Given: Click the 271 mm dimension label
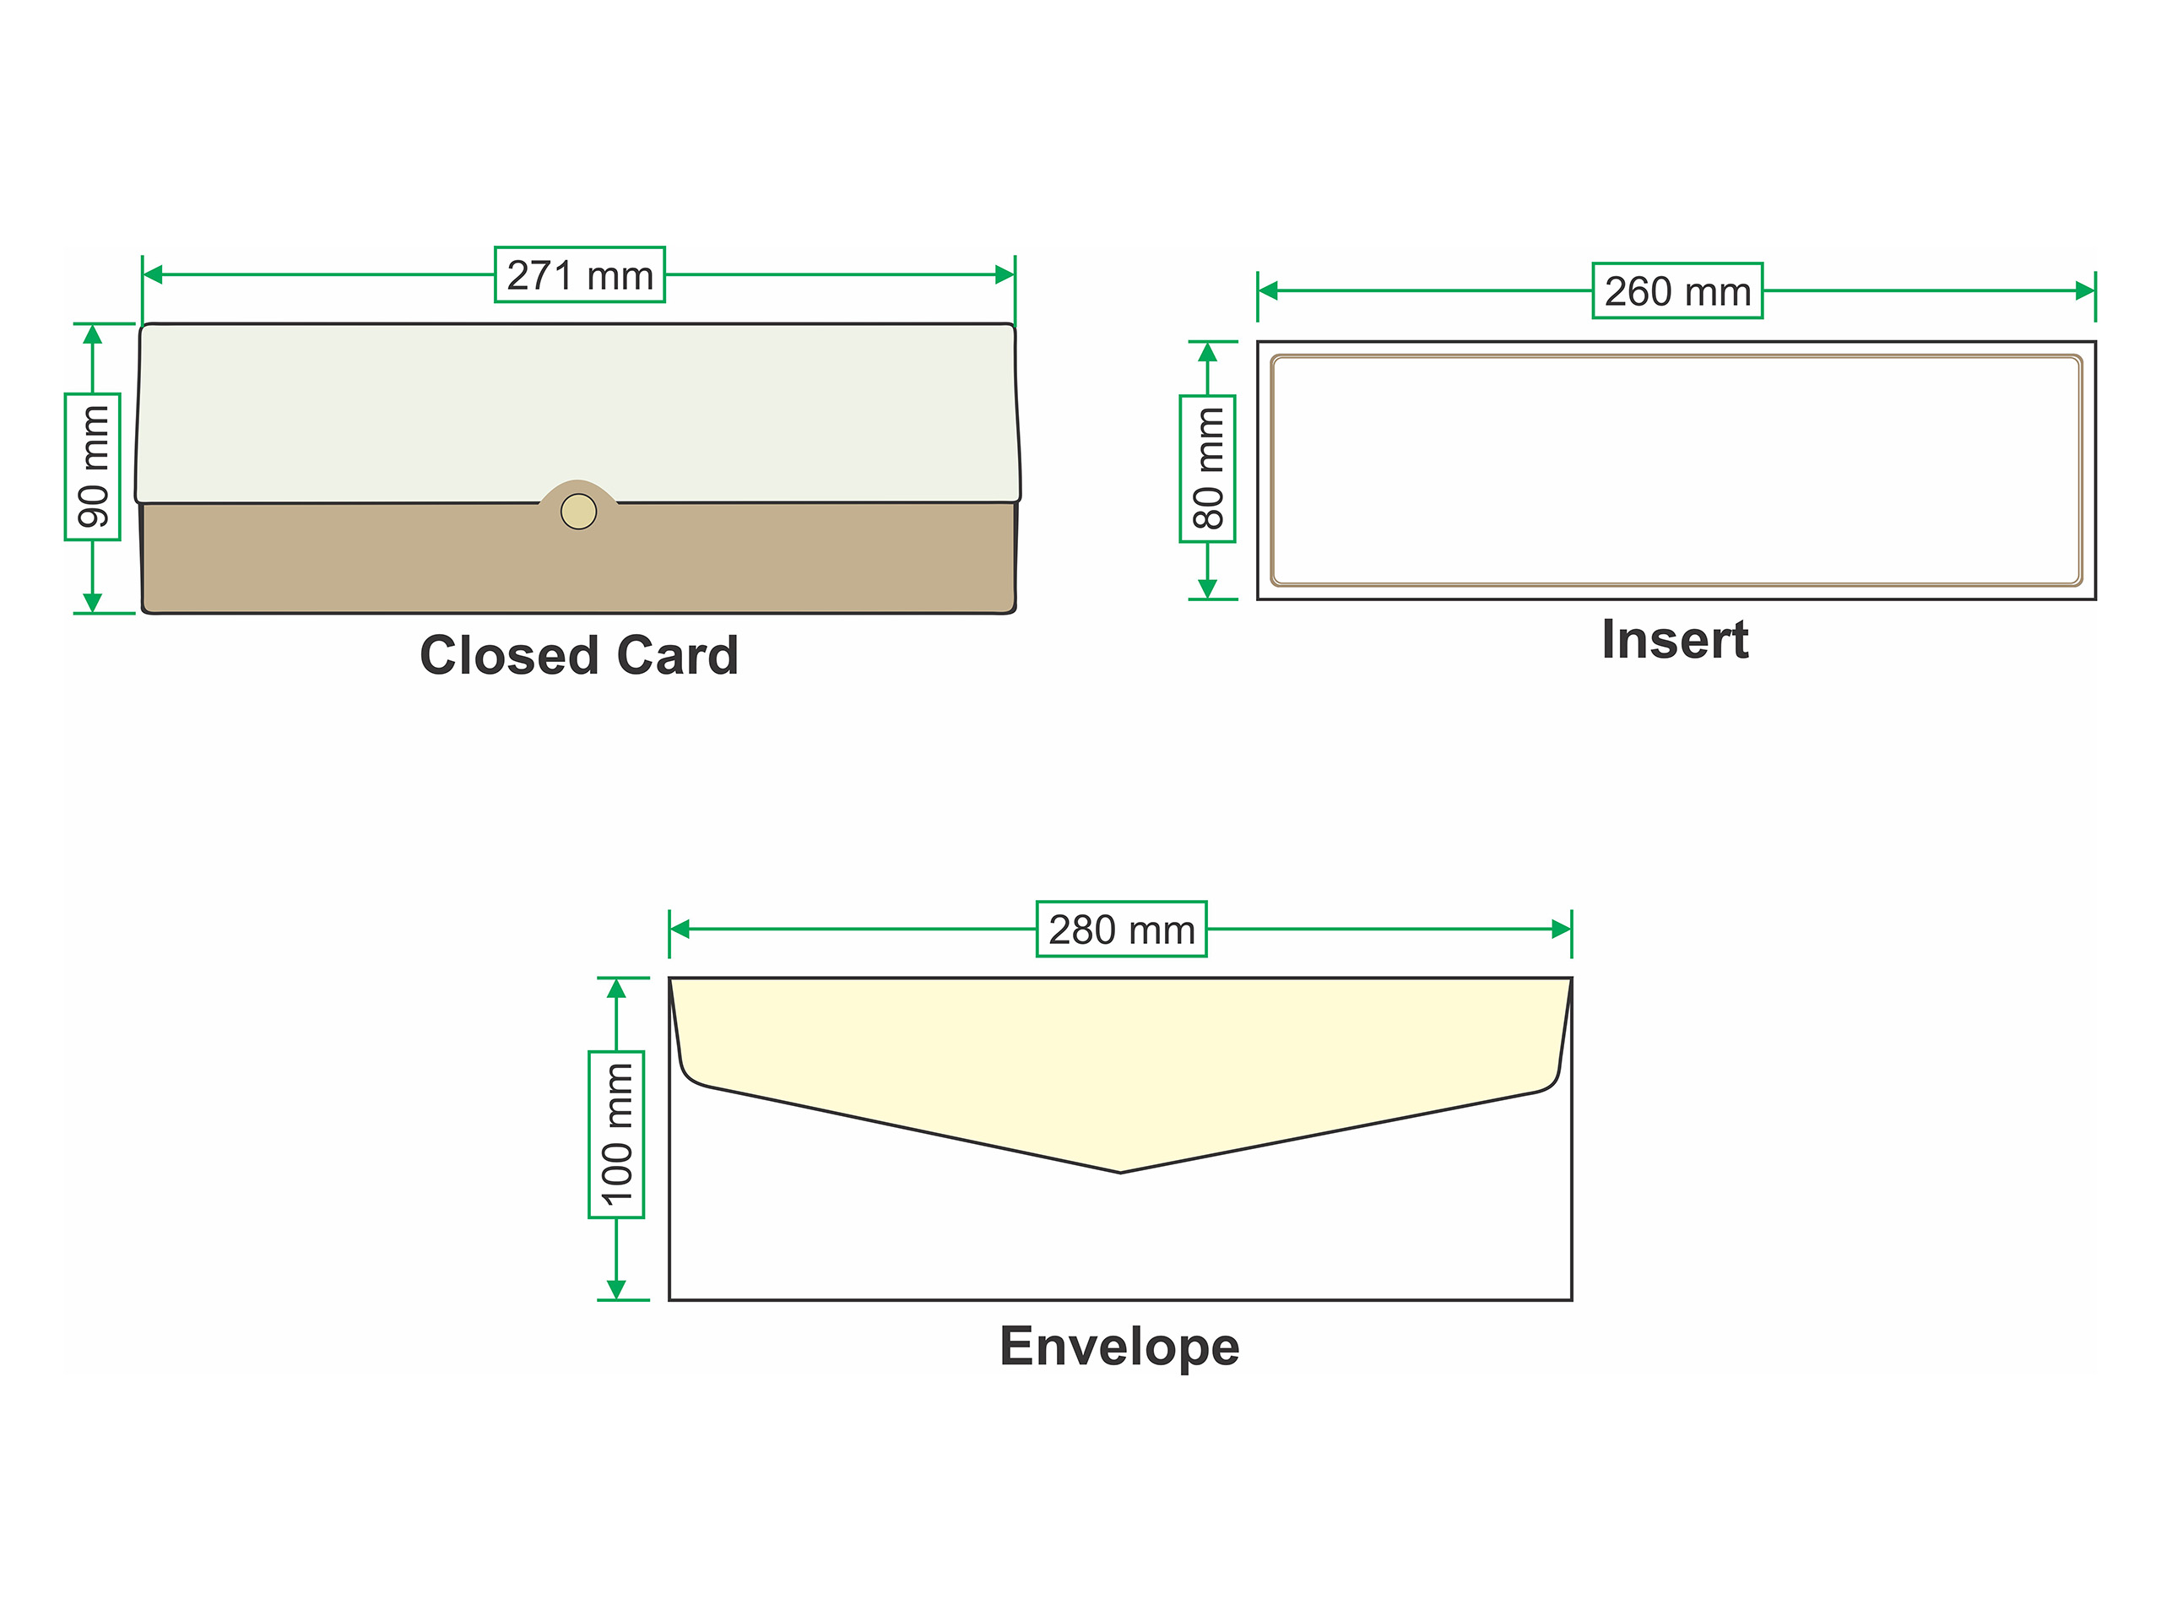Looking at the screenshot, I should click(579, 275).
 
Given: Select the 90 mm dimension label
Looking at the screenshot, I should click(93, 466).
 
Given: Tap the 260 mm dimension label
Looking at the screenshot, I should click(1676, 291).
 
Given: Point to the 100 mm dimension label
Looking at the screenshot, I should click(616, 1135).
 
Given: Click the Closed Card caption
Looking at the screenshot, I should click(578, 654).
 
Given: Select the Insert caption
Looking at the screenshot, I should click(1675, 640).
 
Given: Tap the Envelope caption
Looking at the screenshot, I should click(1118, 1347).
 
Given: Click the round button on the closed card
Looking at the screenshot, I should click(578, 511).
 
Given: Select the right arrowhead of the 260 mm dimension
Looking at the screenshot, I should click(2085, 290).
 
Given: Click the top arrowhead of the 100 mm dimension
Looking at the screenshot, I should click(616, 988).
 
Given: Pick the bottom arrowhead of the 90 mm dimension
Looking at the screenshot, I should click(93, 602).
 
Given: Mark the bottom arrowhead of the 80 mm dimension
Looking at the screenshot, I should click(1207, 588).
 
